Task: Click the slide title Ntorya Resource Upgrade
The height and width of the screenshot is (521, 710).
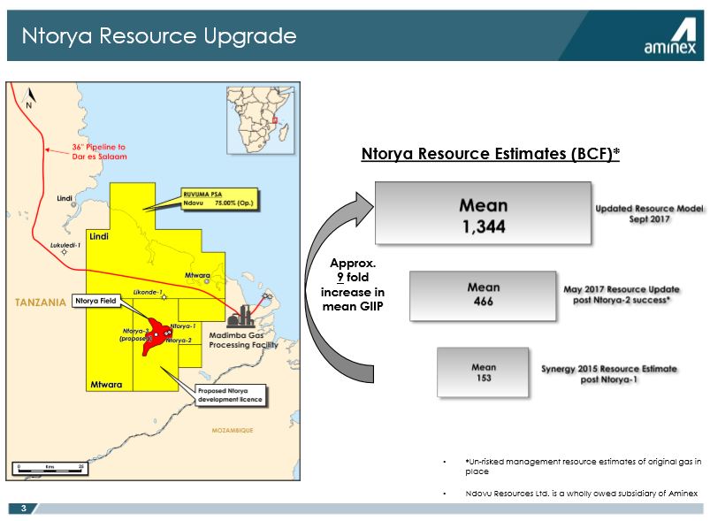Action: (x=158, y=36)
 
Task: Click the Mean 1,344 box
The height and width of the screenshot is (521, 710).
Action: (x=483, y=213)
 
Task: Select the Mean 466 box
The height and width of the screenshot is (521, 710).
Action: (x=483, y=294)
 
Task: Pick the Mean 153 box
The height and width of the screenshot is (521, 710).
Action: (x=483, y=372)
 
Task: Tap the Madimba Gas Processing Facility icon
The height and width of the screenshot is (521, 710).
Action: (x=239, y=316)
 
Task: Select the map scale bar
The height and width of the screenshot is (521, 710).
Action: (x=50, y=467)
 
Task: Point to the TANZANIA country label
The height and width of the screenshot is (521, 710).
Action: (x=41, y=303)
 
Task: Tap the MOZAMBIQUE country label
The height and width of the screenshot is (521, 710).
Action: (x=233, y=431)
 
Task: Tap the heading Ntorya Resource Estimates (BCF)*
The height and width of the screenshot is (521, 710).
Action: (x=490, y=154)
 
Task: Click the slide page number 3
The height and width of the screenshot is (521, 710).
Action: (x=24, y=508)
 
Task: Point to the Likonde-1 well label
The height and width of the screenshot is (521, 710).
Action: (x=148, y=290)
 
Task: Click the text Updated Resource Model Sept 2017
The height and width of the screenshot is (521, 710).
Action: (x=648, y=213)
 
